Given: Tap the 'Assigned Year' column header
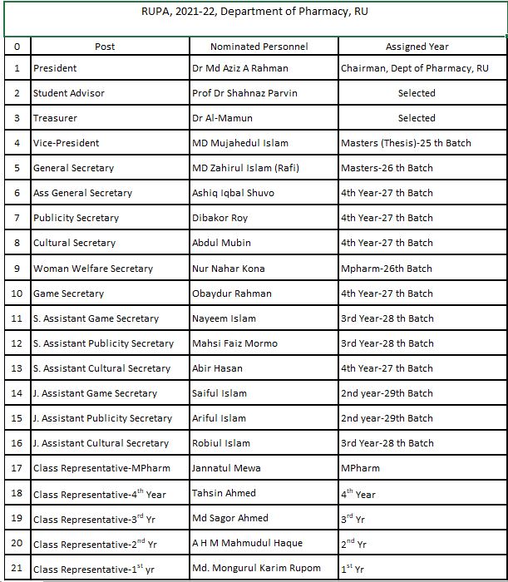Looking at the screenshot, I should pyautogui.click(x=417, y=47).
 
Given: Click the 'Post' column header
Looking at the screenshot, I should pyautogui.click(x=105, y=47).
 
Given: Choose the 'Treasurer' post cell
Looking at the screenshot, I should pyautogui.click(x=55, y=118).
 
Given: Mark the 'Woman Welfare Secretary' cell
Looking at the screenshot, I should pyautogui.click(x=93, y=269).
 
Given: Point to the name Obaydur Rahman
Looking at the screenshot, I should pyautogui.click(x=229, y=293).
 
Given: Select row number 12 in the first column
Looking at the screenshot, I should pyautogui.click(x=17, y=343).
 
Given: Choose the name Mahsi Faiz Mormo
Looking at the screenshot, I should pyautogui.click(x=234, y=343).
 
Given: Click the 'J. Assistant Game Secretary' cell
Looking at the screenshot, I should pyautogui.click(x=95, y=393).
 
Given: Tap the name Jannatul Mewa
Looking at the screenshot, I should pyautogui.click(x=225, y=468).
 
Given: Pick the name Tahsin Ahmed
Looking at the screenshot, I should pyautogui.click(x=224, y=494).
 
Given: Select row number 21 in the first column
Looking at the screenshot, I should pyautogui.click(x=17, y=570).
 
